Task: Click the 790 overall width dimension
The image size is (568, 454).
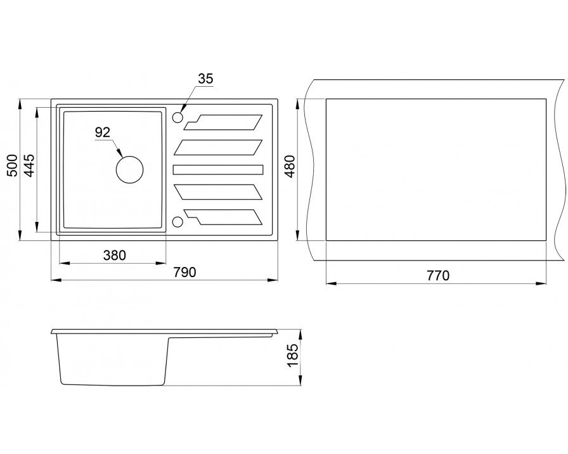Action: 184,272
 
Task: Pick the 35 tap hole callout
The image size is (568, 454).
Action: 205,79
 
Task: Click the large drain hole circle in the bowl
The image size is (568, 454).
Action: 129,169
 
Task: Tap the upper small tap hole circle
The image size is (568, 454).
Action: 177,117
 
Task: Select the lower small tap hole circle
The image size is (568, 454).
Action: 177,221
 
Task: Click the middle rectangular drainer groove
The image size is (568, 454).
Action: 217,169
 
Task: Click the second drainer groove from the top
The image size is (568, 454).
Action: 217,146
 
